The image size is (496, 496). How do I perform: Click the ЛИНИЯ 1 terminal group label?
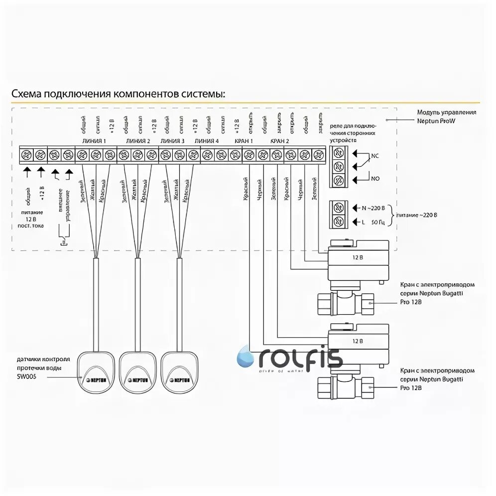[96, 141]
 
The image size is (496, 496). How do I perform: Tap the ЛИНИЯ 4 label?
[207, 141]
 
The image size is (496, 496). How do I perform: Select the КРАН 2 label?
[279, 141]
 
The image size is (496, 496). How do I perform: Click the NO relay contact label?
[374, 178]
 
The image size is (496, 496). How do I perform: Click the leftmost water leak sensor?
[96, 373]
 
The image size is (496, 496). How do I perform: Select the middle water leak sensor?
[136, 373]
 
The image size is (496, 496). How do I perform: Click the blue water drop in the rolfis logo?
[246, 357]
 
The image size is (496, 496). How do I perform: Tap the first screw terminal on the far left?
[26, 155]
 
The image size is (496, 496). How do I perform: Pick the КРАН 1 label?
[245, 141]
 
